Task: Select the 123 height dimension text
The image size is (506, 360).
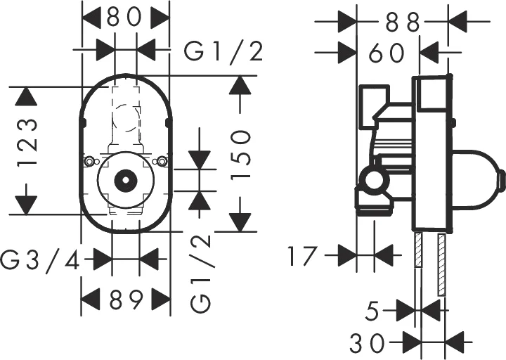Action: click(27, 142)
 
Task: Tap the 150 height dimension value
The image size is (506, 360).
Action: click(241, 154)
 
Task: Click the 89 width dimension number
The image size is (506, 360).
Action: click(126, 300)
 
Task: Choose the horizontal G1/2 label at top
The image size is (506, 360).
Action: click(223, 52)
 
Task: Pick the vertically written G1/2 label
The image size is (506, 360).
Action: click(201, 274)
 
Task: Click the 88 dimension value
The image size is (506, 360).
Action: click(403, 22)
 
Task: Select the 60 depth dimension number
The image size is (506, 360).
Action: click(387, 52)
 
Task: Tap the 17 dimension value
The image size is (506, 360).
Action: click(301, 256)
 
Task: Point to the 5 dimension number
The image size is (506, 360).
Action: click(372, 311)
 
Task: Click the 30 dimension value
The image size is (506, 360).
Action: click(368, 342)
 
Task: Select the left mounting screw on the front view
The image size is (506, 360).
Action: click(90, 161)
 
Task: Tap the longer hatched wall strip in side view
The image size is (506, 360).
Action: click(442, 265)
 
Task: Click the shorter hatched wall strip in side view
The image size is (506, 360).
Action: click(418, 250)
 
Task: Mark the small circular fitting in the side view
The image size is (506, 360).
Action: click(373, 181)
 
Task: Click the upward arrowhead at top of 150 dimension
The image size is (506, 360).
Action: click(240, 84)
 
